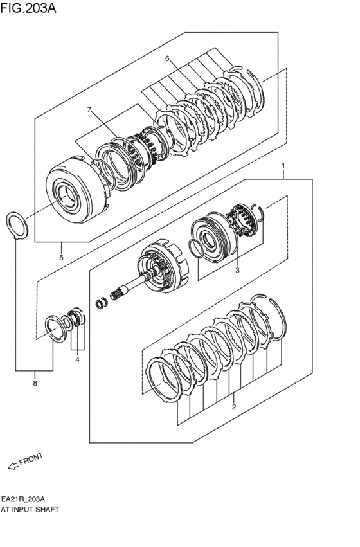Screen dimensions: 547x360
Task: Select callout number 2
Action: coord(234,407)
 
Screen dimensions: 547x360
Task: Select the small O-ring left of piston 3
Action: coord(194,247)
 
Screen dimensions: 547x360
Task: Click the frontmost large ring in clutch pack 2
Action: coord(163,379)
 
